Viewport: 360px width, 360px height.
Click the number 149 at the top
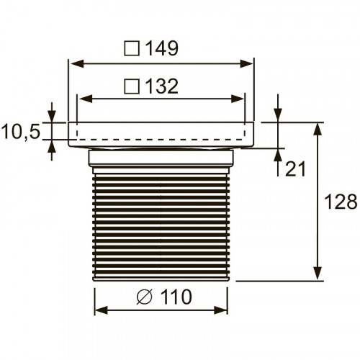tap(161, 48)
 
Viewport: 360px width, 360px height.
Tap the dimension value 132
tap(161, 86)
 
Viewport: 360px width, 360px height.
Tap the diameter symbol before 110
tap(143, 297)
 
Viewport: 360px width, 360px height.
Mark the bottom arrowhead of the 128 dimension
tap(317, 275)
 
